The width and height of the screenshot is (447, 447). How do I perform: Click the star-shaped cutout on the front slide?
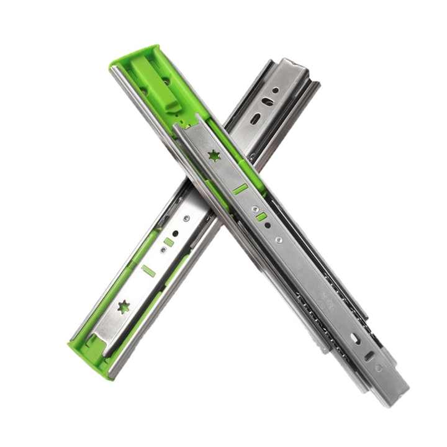(x=214, y=156)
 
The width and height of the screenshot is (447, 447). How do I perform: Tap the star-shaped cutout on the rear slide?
(x=124, y=306)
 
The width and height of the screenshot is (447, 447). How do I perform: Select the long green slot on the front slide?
(x=240, y=189)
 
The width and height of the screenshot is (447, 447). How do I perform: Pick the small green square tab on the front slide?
(x=261, y=216)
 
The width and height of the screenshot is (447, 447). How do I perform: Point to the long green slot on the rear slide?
(x=148, y=270)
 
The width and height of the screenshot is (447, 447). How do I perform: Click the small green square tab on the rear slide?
(x=168, y=242)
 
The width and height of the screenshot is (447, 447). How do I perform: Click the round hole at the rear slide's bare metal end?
(x=275, y=91)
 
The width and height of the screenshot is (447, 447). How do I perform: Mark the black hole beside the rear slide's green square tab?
(x=176, y=234)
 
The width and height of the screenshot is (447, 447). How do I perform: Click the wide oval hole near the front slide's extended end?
(x=355, y=339)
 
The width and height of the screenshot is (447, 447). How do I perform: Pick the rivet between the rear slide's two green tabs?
(x=163, y=250)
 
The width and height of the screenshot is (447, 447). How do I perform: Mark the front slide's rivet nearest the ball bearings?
(x=279, y=239)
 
